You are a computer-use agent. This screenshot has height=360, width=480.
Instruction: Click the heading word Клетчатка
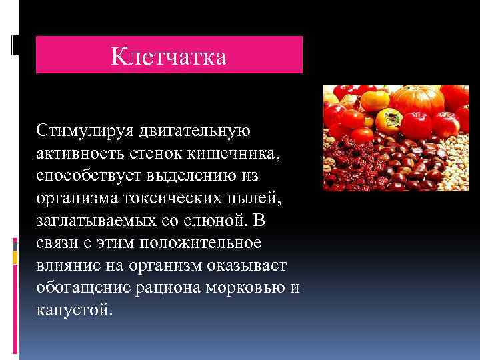(x=169, y=56)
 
